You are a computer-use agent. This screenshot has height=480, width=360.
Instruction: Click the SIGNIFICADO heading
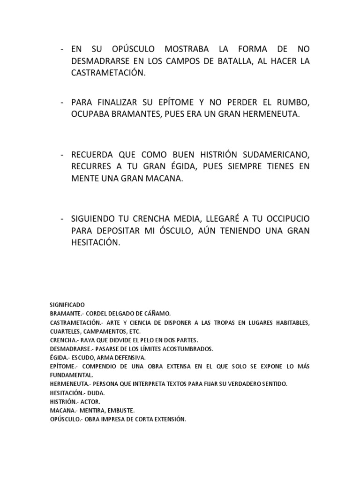[67, 305]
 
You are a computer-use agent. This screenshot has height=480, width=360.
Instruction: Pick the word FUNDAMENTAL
[72, 375]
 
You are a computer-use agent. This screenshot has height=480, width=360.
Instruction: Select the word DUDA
[96, 393]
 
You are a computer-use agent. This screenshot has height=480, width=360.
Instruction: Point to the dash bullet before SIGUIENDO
[62, 219]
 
